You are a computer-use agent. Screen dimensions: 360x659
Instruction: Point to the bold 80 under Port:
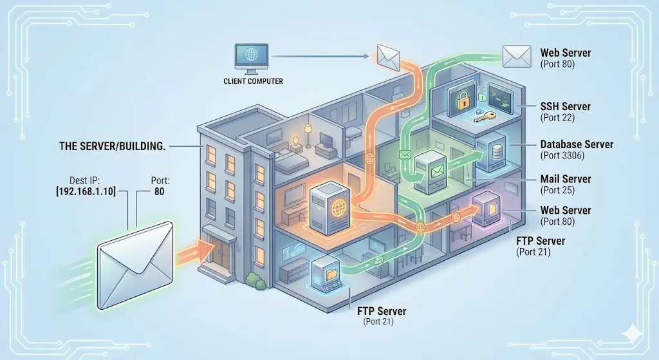tap(161, 191)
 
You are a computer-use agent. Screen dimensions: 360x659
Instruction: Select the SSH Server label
tap(566, 106)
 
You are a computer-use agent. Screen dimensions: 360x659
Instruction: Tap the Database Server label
tap(577, 145)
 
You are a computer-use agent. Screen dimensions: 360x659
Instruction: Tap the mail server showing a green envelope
tap(429, 171)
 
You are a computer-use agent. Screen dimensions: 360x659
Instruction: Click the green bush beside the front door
tap(254, 279)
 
